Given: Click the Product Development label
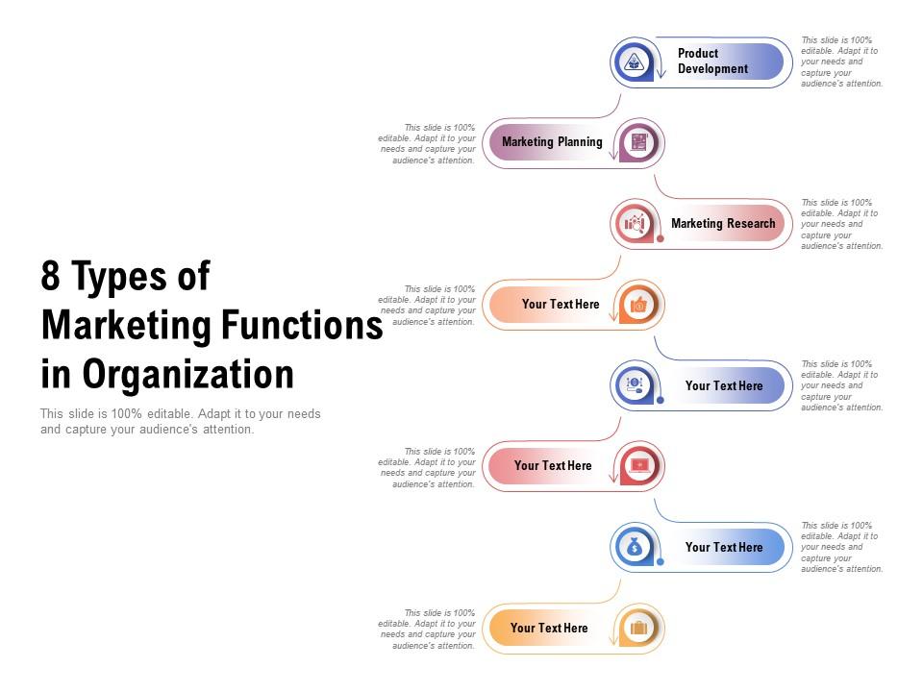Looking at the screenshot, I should tap(712, 62).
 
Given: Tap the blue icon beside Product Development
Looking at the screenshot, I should tap(633, 62).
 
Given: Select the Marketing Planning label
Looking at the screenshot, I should tap(552, 142).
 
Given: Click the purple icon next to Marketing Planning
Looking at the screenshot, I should tap(638, 143).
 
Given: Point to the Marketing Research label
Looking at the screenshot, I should tap(723, 224).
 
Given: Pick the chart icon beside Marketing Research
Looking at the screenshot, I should tap(634, 224).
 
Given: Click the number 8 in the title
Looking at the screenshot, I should tap(51, 277).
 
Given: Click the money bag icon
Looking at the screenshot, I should tap(634, 548).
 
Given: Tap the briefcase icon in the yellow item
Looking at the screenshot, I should tap(638, 629).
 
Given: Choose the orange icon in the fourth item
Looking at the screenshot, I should tap(638, 305).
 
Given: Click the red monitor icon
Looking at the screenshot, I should tap(638, 466).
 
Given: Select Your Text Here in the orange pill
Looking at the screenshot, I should tap(561, 305).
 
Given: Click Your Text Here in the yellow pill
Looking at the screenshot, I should tap(549, 629).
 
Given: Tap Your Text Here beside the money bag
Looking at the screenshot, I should tap(724, 548).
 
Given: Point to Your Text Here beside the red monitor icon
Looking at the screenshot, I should tap(553, 466).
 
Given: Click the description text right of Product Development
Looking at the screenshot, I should tap(841, 62).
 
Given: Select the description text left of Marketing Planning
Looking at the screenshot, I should tap(428, 144).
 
